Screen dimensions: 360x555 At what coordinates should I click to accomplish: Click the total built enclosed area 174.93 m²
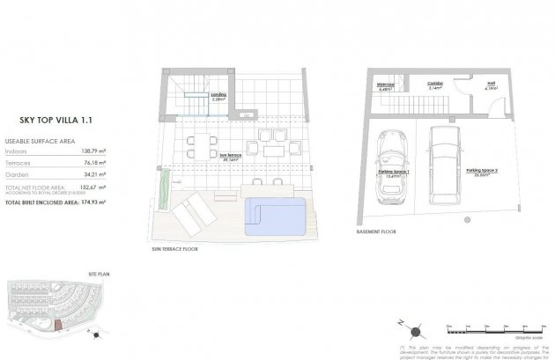[92, 202]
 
